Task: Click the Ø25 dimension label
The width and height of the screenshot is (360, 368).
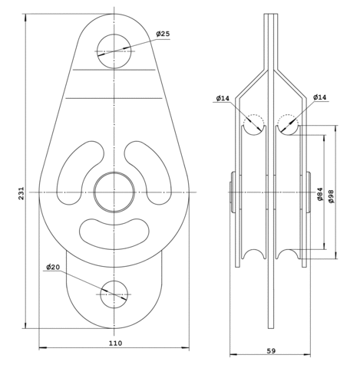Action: [163, 34]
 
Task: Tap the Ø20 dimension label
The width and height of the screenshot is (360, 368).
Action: [53, 268]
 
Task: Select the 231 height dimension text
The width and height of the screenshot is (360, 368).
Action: [21, 193]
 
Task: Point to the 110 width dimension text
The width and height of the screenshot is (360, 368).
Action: [116, 343]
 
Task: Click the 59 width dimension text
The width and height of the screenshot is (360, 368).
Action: [271, 351]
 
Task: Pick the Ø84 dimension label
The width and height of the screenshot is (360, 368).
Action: [320, 194]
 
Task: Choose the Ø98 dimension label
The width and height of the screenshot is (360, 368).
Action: [331, 196]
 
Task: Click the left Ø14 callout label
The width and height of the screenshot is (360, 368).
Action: [223, 98]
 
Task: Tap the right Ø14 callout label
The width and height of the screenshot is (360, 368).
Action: [319, 97]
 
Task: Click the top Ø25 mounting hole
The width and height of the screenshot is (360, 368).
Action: [114, 51]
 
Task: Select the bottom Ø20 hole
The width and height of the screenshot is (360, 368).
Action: [114, 294]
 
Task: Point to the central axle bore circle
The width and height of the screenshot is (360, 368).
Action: [114, 192]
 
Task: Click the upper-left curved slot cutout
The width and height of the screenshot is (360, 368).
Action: [80, 172]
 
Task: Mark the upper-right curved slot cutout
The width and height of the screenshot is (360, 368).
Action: [148, 172]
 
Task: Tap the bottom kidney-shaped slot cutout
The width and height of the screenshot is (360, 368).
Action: [114, 234]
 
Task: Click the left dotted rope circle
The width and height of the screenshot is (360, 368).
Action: [253, 124]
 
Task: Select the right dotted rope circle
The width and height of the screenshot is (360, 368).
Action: [288, 124]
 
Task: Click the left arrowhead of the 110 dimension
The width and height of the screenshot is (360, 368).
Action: [43, 347]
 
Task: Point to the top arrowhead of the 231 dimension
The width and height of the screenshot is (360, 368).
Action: [25, 18]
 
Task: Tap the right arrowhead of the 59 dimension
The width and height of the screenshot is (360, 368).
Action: [306, 355]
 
